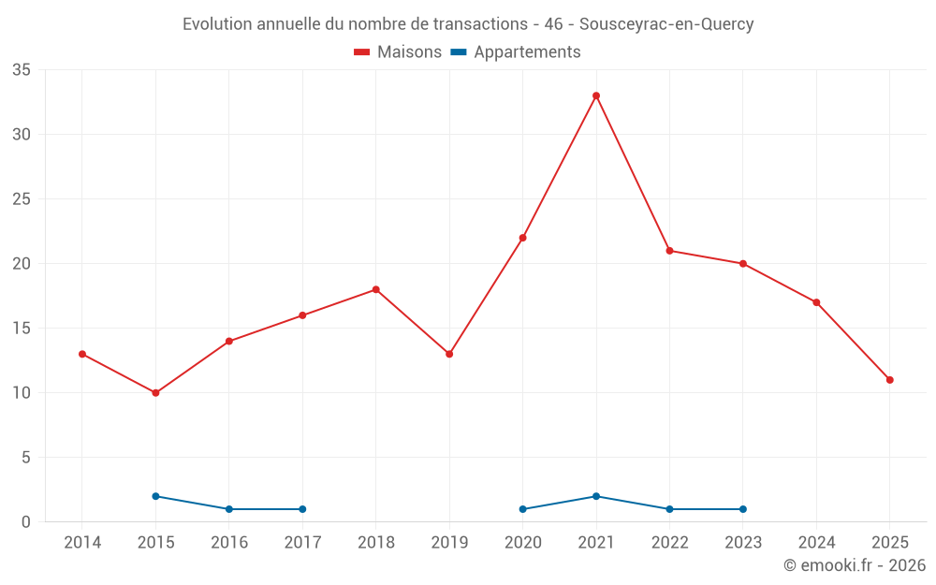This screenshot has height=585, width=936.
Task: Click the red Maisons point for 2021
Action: [x=596, y=95]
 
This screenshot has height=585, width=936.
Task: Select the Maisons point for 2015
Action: [x=155, y=393]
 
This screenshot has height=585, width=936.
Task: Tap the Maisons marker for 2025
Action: [x=889, y=380]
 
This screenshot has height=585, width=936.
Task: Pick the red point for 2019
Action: [x=449, y=354]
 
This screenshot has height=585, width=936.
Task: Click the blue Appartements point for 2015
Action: [x=155, y=496]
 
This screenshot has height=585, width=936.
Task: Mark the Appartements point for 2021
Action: [x=596, y=496]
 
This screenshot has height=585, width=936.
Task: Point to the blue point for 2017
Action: [x=302, y=509]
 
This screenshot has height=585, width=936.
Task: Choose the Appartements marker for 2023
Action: [x=743, y=509]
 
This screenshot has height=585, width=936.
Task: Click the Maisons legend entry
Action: [x=398, y=52]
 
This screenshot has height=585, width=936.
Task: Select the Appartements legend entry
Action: [x=516, y=52]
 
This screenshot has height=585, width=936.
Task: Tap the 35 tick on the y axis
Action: [x=22, y=70]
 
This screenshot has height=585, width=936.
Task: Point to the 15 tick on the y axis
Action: [x=22, y=329]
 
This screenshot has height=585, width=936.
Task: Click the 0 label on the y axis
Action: [x=26, y=522]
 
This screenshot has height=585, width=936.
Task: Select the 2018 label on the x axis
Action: [x=375, y=543]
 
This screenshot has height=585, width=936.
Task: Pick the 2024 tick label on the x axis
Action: [x=816, y=543]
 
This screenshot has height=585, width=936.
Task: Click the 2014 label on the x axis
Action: [x=82, y=543]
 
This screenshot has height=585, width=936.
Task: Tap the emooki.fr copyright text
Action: [x=854, y=565]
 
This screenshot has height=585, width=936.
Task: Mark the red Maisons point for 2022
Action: [x=669, y=251]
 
